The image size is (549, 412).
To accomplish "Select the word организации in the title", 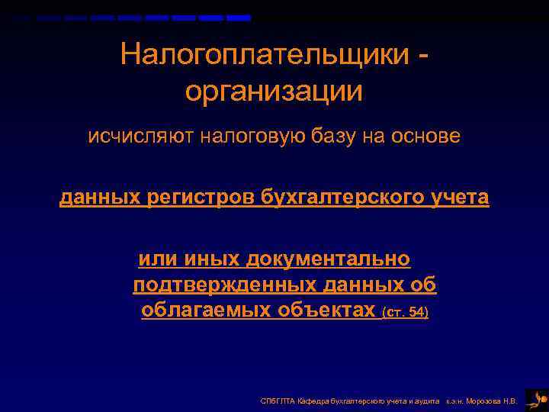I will [x=273, y=92].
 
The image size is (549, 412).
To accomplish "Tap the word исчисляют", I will [x=130, y=137].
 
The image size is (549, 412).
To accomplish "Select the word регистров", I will [x=201, y=198].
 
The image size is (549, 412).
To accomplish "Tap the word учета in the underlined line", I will [x=456, y=198].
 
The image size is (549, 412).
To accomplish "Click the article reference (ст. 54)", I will [x=405, y=312].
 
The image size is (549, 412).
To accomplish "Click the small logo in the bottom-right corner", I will [x=537, y=399].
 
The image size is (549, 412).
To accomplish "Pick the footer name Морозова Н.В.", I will [x=495, y=401].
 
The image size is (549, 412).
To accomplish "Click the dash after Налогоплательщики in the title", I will [x=422, y=56].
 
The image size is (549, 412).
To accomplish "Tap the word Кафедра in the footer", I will [x=313, y=401].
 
